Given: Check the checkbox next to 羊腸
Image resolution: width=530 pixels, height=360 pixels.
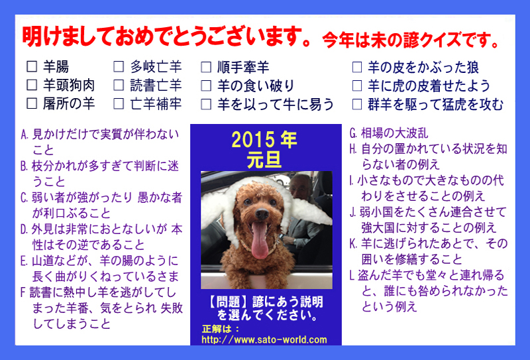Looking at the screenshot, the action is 32,66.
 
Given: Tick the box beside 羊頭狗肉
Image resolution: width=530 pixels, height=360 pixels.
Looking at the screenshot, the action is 32,85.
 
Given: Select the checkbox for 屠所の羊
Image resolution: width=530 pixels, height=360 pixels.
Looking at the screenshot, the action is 32,103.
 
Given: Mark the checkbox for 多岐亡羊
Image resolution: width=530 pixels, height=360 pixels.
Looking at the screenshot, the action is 119,66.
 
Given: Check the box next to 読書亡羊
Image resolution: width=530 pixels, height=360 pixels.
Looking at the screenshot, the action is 119,85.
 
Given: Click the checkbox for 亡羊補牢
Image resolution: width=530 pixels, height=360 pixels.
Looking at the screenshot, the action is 119,103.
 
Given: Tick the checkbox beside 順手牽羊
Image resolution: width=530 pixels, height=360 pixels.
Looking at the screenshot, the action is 206,67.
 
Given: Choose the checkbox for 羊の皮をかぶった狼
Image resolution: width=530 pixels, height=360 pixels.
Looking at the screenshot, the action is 357,67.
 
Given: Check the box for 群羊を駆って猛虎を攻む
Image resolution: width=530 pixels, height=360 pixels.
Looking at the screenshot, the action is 357,104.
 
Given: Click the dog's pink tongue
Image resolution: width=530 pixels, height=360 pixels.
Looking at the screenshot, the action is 259,241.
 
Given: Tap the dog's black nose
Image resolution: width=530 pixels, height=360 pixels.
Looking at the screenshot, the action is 262,214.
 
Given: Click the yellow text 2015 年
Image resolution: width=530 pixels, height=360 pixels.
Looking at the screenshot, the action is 264,140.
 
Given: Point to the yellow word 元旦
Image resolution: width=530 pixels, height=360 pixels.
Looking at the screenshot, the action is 264,160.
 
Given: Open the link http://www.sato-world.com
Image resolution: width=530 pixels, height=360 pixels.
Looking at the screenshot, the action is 264,339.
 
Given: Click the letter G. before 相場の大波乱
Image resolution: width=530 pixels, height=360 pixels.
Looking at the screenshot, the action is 353,133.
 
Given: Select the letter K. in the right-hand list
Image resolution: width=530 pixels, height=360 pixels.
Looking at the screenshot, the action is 353,244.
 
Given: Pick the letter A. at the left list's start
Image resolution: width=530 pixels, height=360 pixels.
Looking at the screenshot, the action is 25,135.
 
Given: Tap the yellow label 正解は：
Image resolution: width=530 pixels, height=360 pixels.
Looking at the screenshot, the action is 221,329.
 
